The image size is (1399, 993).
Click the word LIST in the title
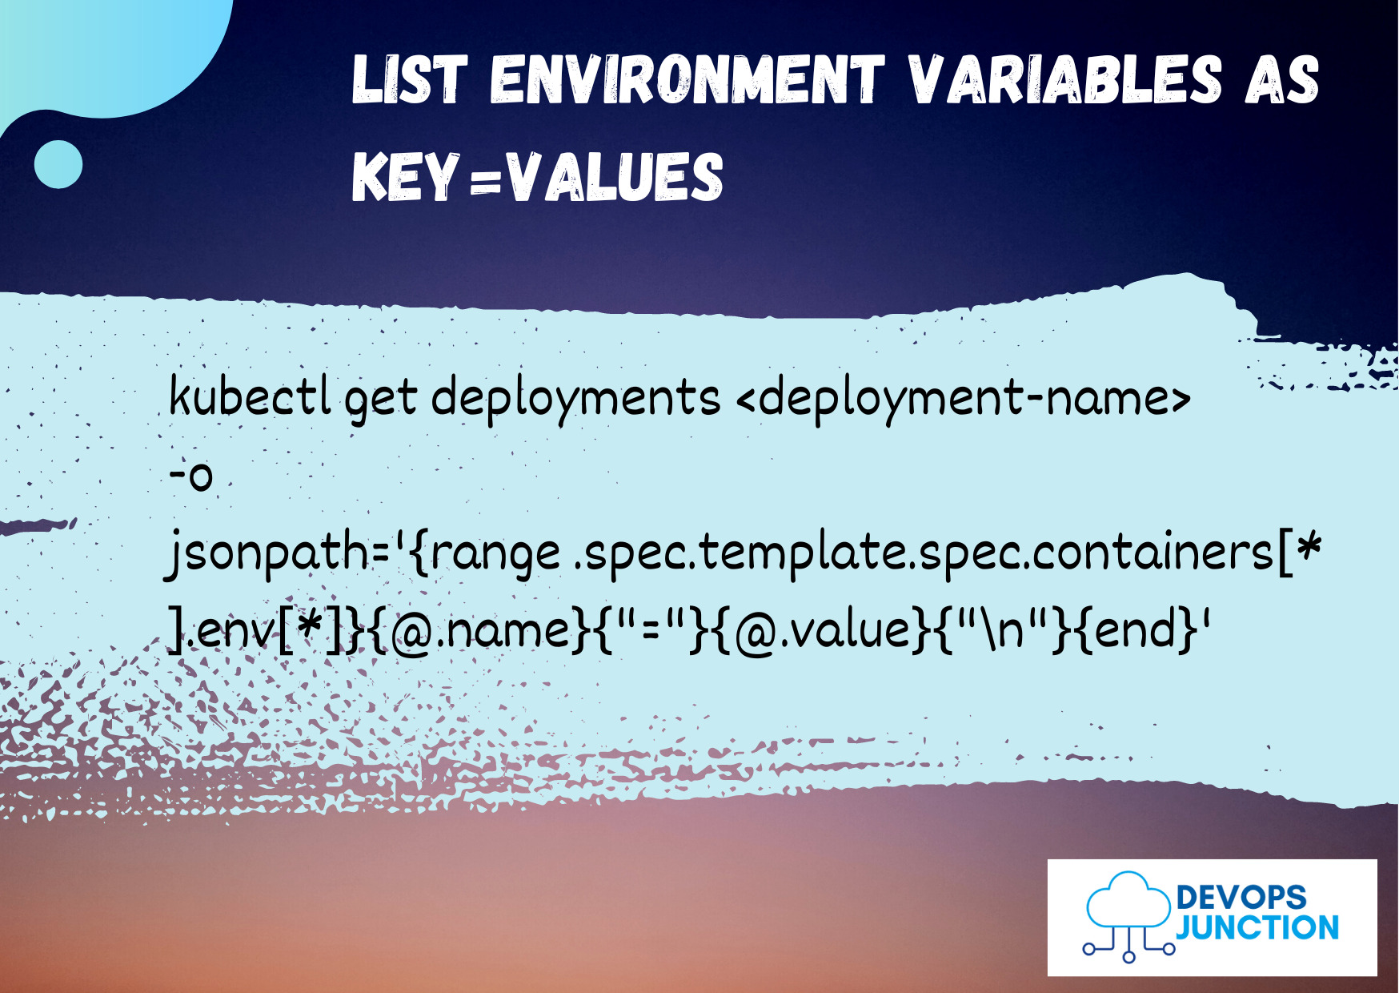coord(408,80)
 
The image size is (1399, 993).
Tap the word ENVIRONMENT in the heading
coord(687,80)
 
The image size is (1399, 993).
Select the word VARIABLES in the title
coord(1064,80)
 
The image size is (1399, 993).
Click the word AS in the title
coord(1281,80)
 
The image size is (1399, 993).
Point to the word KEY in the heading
coord(405,177)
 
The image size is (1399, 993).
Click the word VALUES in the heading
coord(615,177)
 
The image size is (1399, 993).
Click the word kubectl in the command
coord(250,396)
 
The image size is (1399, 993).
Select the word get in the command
coord(380,399)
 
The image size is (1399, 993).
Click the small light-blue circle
coord(58,164)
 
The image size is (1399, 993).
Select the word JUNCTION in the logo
coord(1257,928)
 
